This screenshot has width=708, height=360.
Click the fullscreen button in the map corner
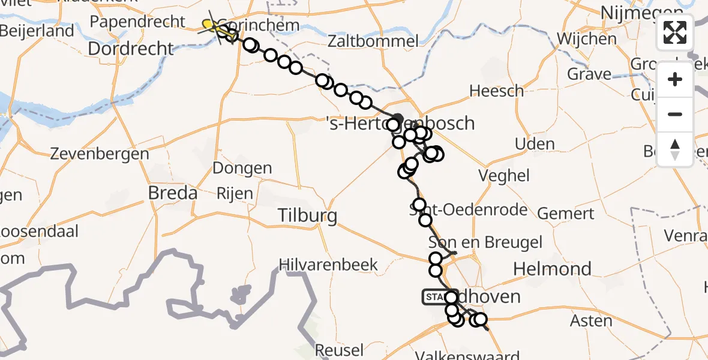675,32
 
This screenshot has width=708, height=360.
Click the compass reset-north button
675,149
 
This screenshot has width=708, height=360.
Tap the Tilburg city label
307,215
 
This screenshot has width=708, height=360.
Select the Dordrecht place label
131,49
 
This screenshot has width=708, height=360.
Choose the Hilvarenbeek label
329,265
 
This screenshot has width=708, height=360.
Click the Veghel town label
503,175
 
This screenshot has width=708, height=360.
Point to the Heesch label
497,91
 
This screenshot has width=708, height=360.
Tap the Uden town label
535,144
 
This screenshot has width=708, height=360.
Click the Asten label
591,321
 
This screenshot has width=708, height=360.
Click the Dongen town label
242,168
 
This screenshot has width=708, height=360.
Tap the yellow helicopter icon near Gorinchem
212,25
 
